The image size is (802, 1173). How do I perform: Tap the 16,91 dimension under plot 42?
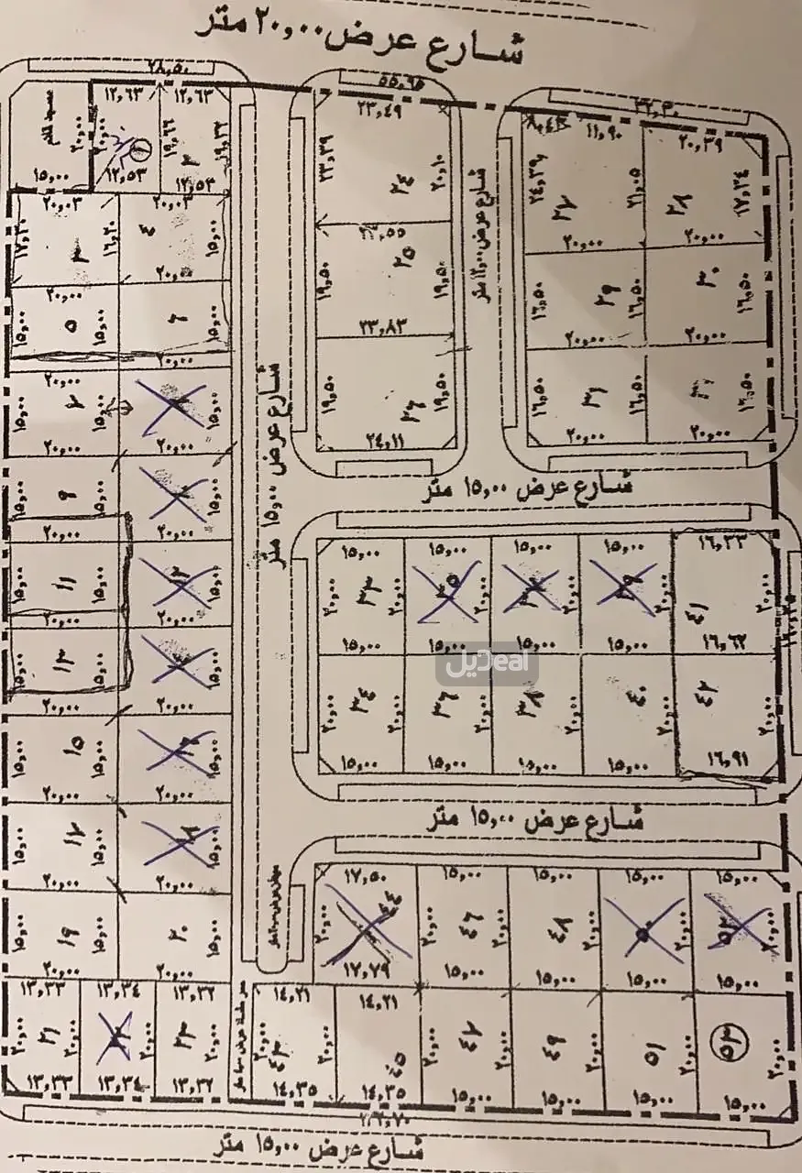[723, 758]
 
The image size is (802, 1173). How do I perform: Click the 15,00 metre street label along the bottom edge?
[317, 1145]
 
